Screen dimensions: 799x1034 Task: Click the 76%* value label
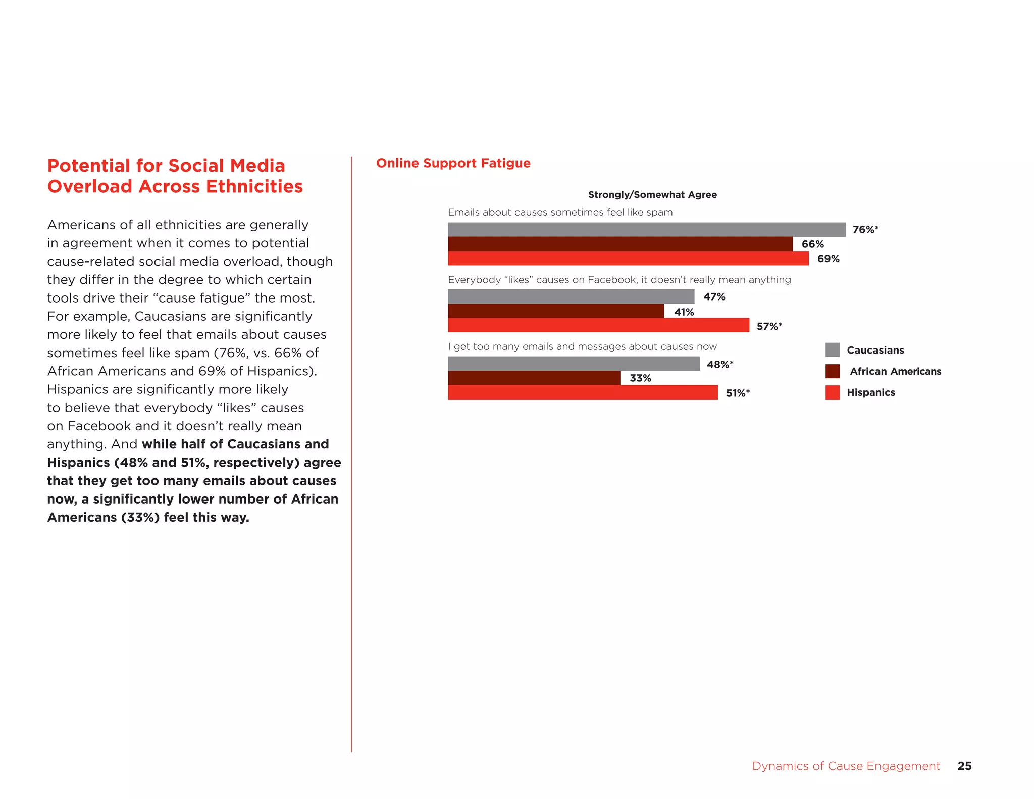(x=865, y=230)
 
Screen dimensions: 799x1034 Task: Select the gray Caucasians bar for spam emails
(x=646, y=230)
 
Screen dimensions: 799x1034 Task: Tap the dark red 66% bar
(x=620, y=244)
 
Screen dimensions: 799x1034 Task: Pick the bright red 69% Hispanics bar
(x=628, y=259)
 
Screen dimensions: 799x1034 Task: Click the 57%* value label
(x=769, y=326)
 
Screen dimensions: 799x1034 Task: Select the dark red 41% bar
(x=555, y=311)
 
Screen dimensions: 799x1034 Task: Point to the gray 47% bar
(x=571, y=296)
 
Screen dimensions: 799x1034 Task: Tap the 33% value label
(x=640, y=378)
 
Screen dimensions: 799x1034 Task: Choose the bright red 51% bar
(x=583, y=392)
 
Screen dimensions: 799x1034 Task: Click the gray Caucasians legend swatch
(x=832, y=350)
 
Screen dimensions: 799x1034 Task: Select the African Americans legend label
(x=895, y=371)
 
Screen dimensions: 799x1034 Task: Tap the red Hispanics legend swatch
(x=832, y=392)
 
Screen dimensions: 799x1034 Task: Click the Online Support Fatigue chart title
(x=453, y=163)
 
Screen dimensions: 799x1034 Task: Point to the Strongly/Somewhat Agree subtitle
(x=652, y=195)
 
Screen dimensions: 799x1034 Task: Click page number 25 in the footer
(x=964, y=766)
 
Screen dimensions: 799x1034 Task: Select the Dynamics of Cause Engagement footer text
(x=846, y=766)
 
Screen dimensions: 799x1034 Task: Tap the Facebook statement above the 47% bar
(x=619, y=280)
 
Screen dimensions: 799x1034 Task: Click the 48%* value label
(x=719, y=364)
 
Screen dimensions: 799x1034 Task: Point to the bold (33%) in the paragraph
(x=140, y=518)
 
